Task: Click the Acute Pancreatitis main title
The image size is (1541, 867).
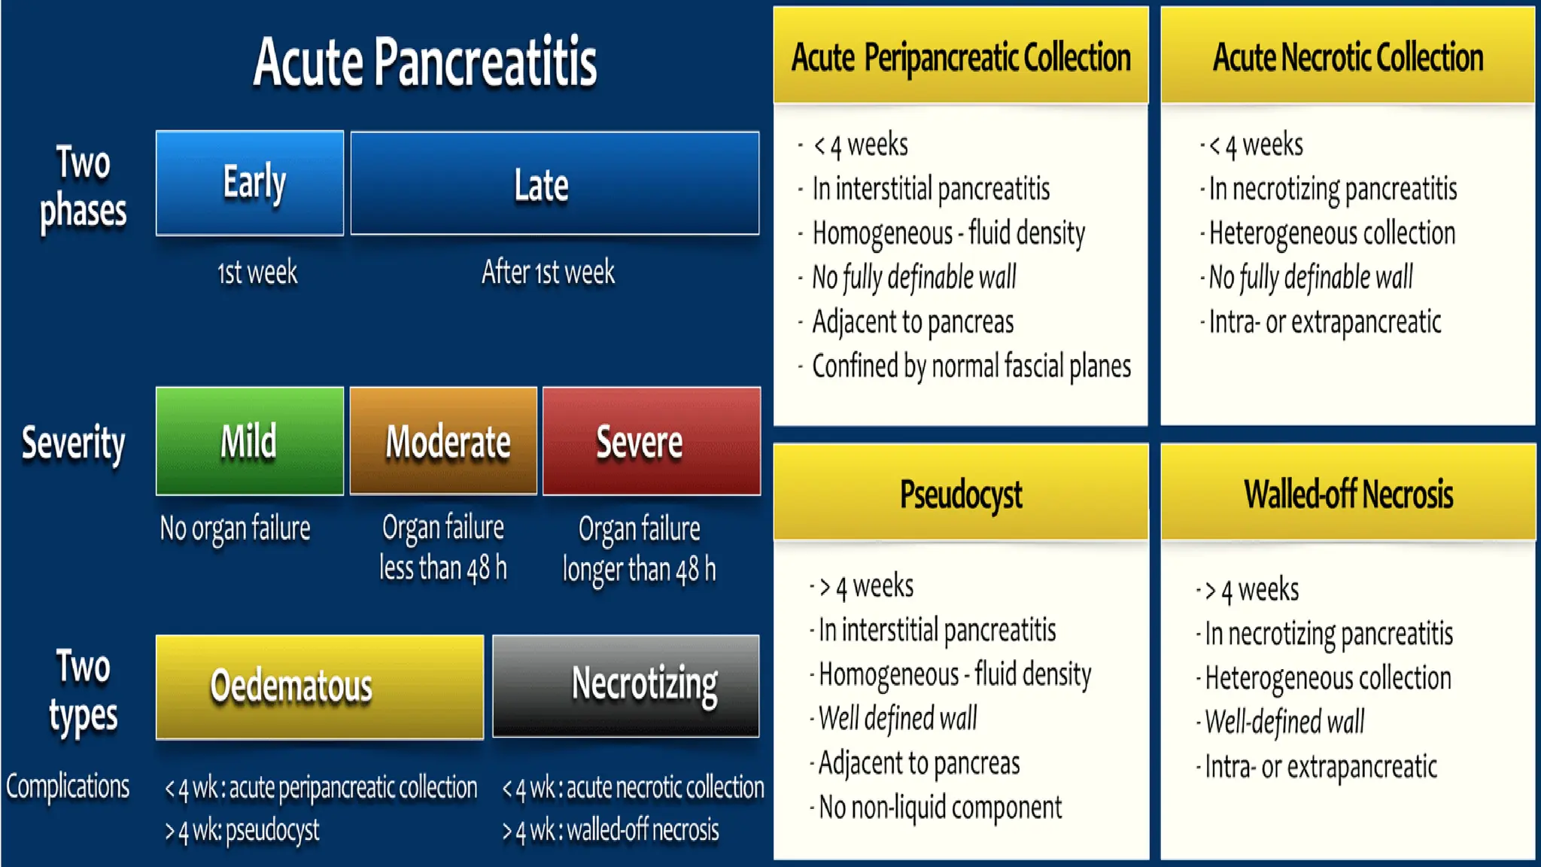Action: (x=425, y=62)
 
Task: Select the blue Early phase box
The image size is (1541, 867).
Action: (x=250, y=183)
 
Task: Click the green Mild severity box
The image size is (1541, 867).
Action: (x=250, y=441)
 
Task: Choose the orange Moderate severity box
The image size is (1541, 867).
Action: (x=444, y=441)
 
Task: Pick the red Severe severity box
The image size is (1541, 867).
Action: (x=652, y=441)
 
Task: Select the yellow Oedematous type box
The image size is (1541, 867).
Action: (x=320, y=686)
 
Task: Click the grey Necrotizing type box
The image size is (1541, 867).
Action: (x=626, y=686)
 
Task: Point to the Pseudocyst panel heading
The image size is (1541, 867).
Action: (x=961, y=494)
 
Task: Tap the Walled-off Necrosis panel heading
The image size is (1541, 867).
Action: (x=1348, y=494)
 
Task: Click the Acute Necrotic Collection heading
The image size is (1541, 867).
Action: (x=1348, y=57)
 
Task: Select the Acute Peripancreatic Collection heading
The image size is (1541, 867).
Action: (x=961, y=57)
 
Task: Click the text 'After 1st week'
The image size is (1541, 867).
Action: (x=549, y=272)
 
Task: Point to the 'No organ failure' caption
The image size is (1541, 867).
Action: (x=235, y=528)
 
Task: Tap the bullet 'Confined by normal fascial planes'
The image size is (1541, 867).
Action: (x=971, y=367)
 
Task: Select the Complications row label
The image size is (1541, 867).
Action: (x=68, y=786)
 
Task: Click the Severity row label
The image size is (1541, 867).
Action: (x=73, y=443)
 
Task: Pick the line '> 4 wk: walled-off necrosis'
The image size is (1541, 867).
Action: (x=611, y=830)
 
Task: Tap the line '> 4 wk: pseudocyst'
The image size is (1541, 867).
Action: (x=242, y=830)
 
